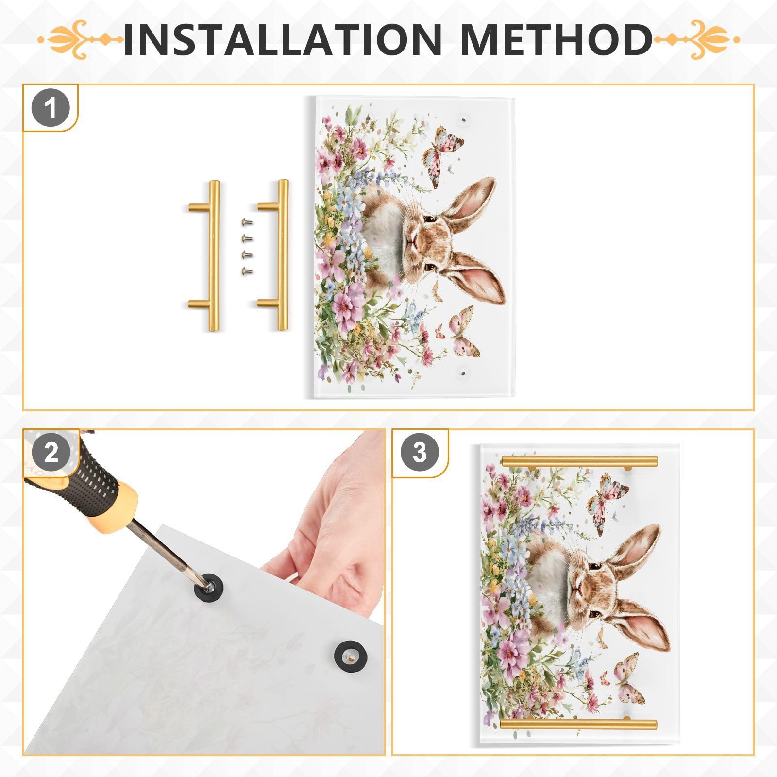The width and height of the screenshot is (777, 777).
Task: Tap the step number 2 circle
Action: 51,453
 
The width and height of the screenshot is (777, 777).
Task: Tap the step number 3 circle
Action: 419,453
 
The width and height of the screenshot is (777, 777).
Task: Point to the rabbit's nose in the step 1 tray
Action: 412,241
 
